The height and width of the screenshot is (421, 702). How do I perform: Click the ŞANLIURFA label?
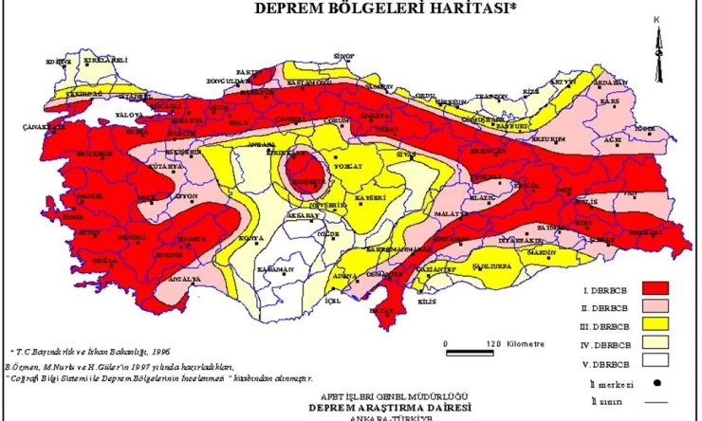[x=496, y=266]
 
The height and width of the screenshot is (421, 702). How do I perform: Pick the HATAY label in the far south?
[x=380, y=310]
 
